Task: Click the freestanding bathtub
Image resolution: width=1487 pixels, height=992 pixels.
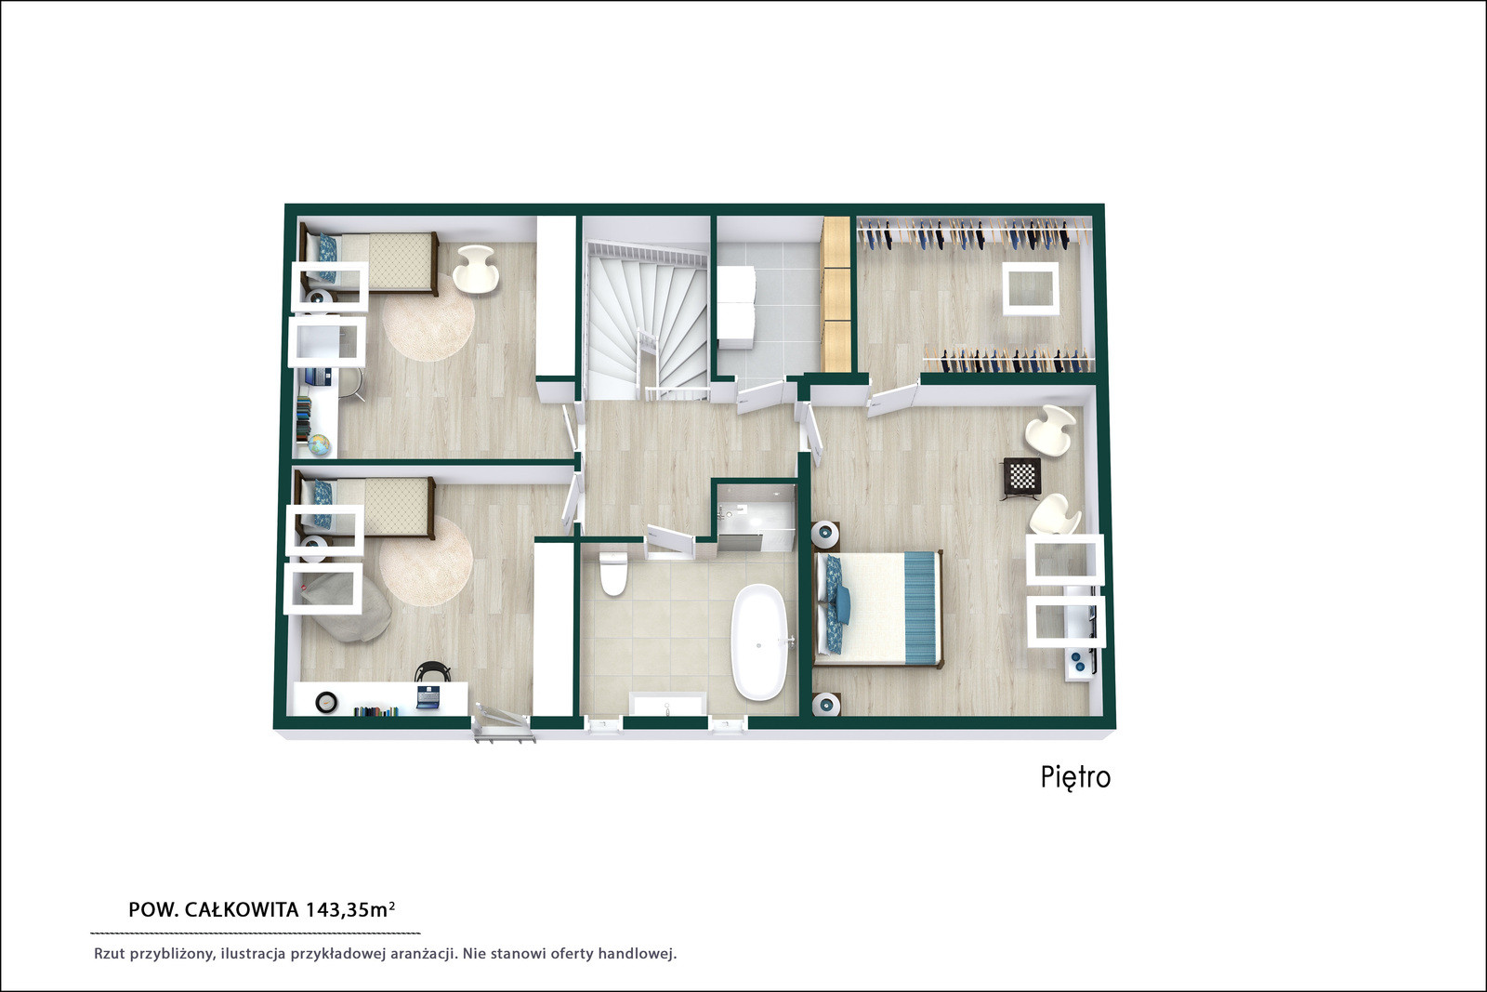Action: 759,642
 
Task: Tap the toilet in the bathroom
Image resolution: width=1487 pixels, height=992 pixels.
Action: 612,574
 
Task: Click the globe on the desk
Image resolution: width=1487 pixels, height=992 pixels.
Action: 319,444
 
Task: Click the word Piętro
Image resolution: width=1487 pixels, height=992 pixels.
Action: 1075,777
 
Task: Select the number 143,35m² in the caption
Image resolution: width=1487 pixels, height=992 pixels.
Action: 349,909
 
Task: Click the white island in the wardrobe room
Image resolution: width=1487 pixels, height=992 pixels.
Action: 1031,288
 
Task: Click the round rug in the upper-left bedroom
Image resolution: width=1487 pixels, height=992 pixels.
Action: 428,318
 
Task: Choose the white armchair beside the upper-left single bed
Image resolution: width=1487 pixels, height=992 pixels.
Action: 475,269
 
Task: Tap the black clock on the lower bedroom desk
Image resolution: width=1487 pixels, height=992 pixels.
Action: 326,702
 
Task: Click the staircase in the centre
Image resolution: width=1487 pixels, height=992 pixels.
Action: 647,319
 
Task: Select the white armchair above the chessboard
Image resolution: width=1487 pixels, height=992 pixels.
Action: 1050,430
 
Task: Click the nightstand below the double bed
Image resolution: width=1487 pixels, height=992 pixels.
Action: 827,704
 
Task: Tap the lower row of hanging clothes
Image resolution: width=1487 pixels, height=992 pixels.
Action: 1009,362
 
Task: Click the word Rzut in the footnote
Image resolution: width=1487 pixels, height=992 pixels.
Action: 108,954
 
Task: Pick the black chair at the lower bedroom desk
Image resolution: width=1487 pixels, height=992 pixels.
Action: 431,671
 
